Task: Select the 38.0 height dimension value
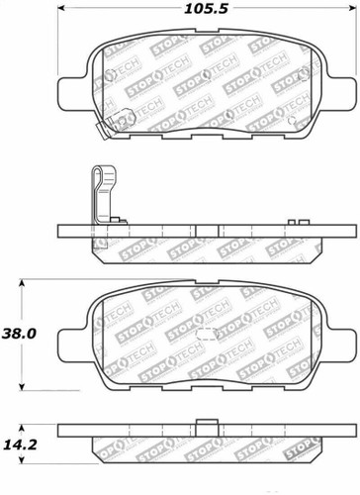[24, 335]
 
